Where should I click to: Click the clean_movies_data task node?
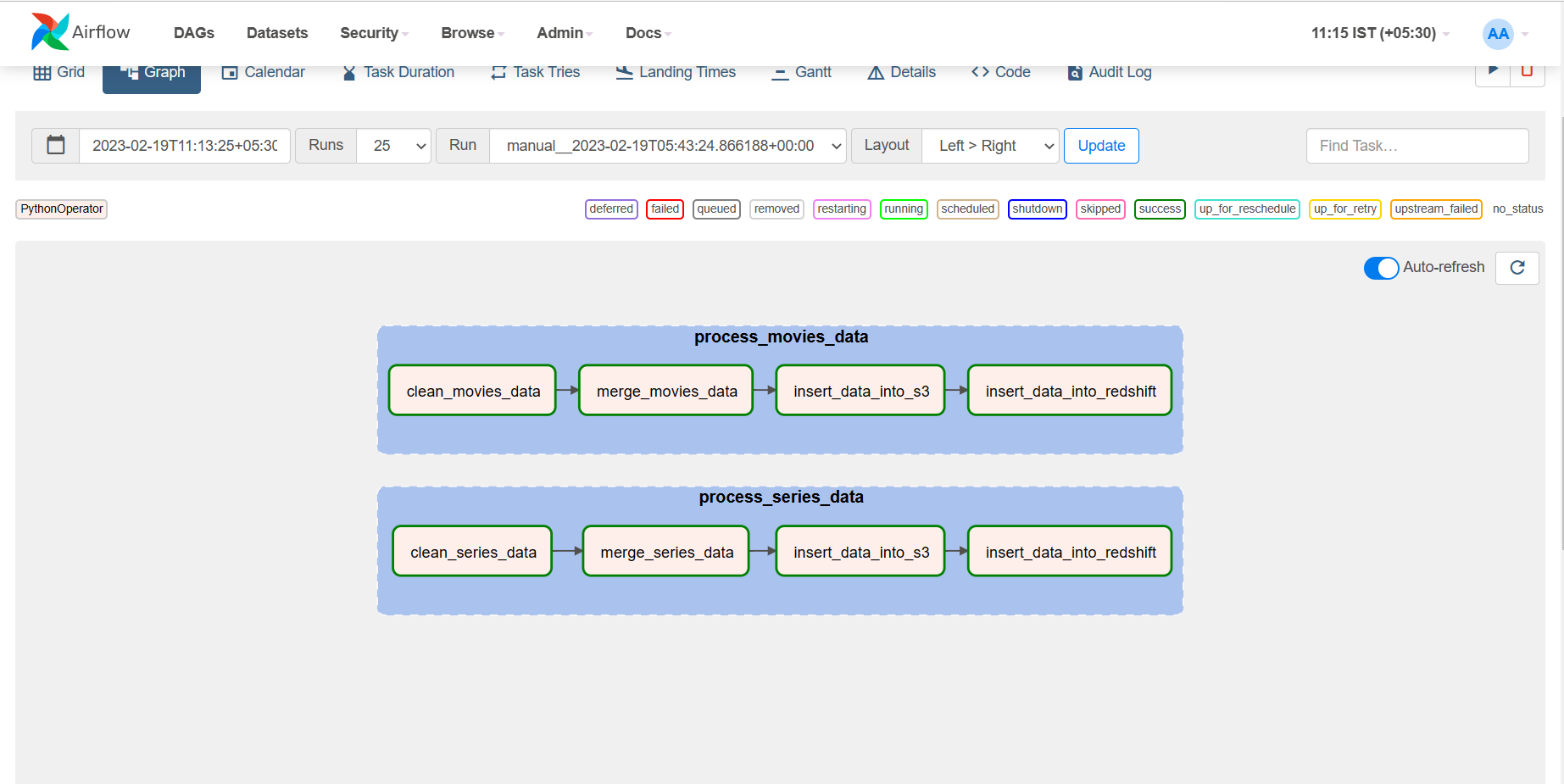coord(472,391)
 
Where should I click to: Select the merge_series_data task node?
coord(666,552)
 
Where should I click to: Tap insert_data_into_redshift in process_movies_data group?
coord(1070,391)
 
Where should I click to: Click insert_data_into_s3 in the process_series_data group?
coord(860,552)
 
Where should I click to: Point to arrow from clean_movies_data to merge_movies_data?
coord(567,390)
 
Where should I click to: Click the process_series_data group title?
coord(781,498)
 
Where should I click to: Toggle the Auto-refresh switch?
coord(1381,268)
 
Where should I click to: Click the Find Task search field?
coord(1417,146)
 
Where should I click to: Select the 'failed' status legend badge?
coord(665,209)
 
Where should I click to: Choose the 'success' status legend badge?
coord(1160,209)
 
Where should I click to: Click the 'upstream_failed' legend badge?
coord(1436,209)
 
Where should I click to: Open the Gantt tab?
coord(801,73)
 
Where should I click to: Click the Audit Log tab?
coord(1110,73)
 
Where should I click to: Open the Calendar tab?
coord(264,73)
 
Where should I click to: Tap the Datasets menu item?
coord(277,33)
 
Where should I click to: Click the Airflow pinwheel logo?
coord(50,32)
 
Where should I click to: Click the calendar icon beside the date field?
coord(56,146)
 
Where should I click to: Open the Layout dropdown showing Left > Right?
coord(990,146)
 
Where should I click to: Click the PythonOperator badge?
coord(62,209)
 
